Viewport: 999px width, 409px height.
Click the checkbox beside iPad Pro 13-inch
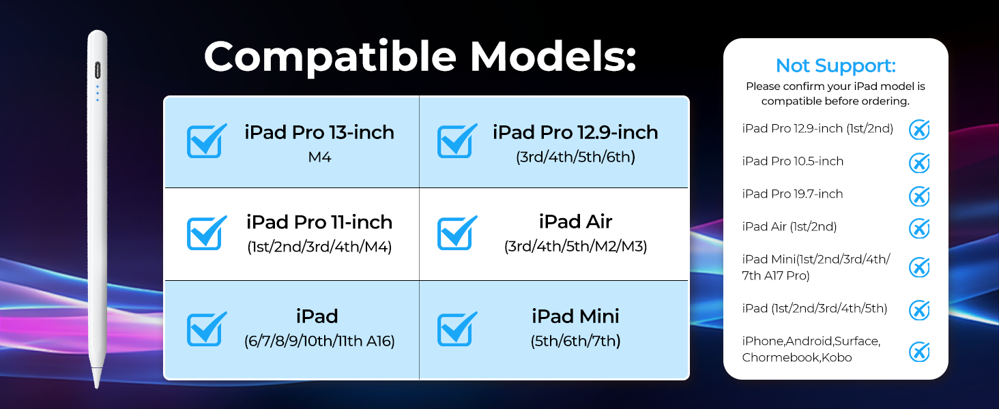pyautogui.click(x=206, y=141)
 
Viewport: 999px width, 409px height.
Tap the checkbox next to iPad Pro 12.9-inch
pyautogui.click(x=457, y=141)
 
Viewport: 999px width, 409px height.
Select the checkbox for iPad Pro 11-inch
pyautogui.click(x=206, y=233)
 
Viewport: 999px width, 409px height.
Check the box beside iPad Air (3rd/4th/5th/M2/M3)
pyautogui.click(x=457, y=233)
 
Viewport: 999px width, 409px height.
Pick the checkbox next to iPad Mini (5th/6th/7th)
pyautogui.click(x=457, y=329)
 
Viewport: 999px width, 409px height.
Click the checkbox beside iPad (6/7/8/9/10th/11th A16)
pyautogui.click(x=206, y=329)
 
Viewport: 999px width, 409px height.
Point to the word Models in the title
pyautogui.click(x=553, y=56)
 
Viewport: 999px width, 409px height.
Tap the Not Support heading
pyautogui.click(x=836, y=66)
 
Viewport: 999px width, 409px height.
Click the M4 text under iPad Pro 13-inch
pyautogui.click(x=319, y=157)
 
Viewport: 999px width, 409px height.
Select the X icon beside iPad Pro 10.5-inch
pyautogui.click(x=919, y=162)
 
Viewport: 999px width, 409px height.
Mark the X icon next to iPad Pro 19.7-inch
pyautogui.click(x=919, y=196)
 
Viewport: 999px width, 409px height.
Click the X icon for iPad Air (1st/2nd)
pyautogui.click(x=919, y=228)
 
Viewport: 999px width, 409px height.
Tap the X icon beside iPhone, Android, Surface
pyautogui.click(x=919, y=352)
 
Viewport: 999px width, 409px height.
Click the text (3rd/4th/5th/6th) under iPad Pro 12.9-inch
pyautogui.click(x=575, y=157)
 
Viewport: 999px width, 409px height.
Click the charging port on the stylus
pyautogui.click(x=98, y=70)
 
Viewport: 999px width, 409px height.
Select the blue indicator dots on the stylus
pyautogui.click(x=97, y=93)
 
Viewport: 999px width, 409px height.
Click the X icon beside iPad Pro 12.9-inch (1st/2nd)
pyautogui.click(x=919, y=130)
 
